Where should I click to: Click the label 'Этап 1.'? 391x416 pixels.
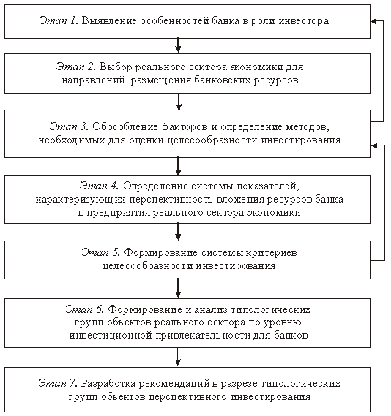tap(59, 20)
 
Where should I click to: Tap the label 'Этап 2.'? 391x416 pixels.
tap(75, 67)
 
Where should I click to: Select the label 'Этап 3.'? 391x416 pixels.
tap(69, 126)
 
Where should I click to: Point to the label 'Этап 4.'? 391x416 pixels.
tap(99, 186)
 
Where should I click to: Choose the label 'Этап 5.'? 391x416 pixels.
tap(100, 252)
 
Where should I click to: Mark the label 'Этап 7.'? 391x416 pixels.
tap(57, 384)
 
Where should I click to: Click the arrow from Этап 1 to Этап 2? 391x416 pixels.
tap(178, 45)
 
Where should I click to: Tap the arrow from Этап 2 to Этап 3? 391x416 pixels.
tap(179, 102)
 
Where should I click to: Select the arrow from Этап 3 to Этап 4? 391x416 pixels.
tap(178, 167)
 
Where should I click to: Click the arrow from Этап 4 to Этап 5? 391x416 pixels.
tap(178, 232)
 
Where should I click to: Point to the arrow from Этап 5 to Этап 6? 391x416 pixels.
tap(178, 288)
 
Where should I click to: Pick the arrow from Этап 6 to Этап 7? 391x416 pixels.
tap(178, 358)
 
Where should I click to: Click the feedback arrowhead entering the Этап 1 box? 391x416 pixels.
tap(374, 21)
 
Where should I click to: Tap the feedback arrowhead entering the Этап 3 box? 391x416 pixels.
tap(374, 145)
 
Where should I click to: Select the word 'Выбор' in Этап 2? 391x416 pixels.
tap(116, 67)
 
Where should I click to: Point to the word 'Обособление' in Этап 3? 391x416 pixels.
tap(125, 126)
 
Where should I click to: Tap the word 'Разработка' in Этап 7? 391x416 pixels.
tap(108, 384)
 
